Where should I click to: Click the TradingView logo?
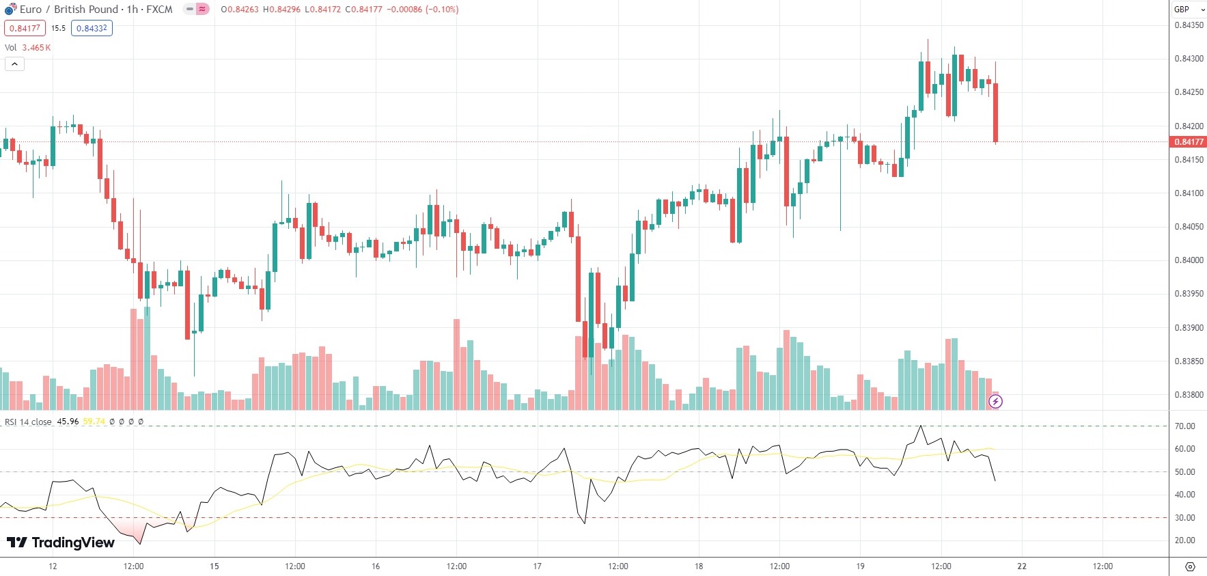[60, 543]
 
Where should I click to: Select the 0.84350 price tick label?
[1189, 25]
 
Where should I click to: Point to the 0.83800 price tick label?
[1189, 395]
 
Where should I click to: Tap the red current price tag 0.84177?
[1189, 142]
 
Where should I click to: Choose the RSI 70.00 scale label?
[1184, 426]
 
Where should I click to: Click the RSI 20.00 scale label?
[1184, 540]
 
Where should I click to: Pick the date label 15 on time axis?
[214, 566]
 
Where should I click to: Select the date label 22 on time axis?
[1022, 566]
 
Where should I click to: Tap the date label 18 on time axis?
[699, 566]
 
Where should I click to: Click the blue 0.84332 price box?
[92, 29]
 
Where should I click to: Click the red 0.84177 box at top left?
[25, 29]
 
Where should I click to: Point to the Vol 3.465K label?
[28, 48]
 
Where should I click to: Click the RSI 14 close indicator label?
[28, 422]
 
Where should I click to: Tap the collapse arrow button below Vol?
[14, 64]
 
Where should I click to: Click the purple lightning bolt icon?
[995, 402]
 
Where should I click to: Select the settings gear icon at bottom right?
[1190, 566]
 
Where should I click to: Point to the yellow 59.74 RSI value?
[94, 422]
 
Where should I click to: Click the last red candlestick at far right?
[996, 113]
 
